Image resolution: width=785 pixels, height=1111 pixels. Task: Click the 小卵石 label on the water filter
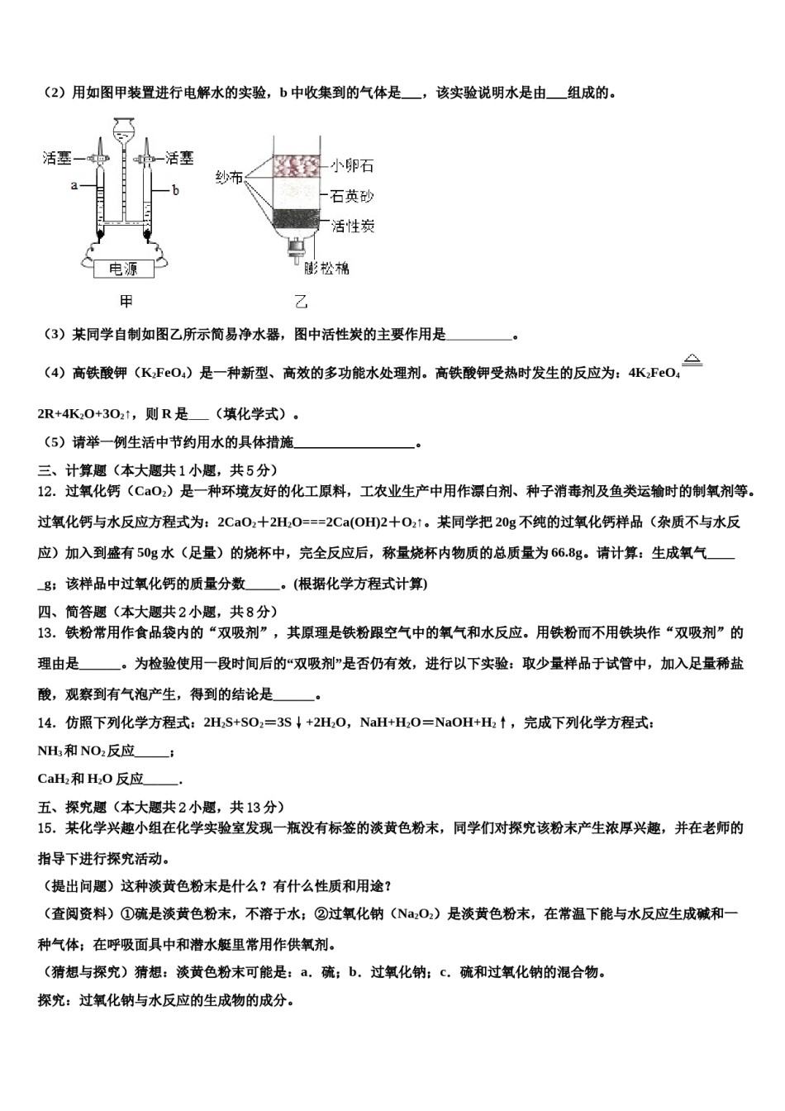tap(352, 165)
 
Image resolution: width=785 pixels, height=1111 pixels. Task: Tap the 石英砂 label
tap(352, 196)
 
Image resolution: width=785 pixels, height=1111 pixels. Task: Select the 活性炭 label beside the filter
tap(353, 226)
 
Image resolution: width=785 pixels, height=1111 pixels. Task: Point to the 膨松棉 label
tap(326, 267)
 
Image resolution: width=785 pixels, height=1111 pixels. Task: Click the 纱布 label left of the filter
tap(229, 178)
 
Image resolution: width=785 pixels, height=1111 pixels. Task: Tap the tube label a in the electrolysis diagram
tap(74, 185)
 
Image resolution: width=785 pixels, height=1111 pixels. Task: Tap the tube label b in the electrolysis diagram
tap(175, 190)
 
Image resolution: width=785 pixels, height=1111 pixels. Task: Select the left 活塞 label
tap(57, 158)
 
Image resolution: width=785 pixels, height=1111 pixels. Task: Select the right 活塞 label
tap(179, 157)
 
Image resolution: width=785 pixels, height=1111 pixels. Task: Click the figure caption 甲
tap(126, 301)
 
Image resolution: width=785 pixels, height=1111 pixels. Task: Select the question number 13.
tap(46, 633)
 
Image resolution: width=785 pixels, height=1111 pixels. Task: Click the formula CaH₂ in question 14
tap(52, 779)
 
